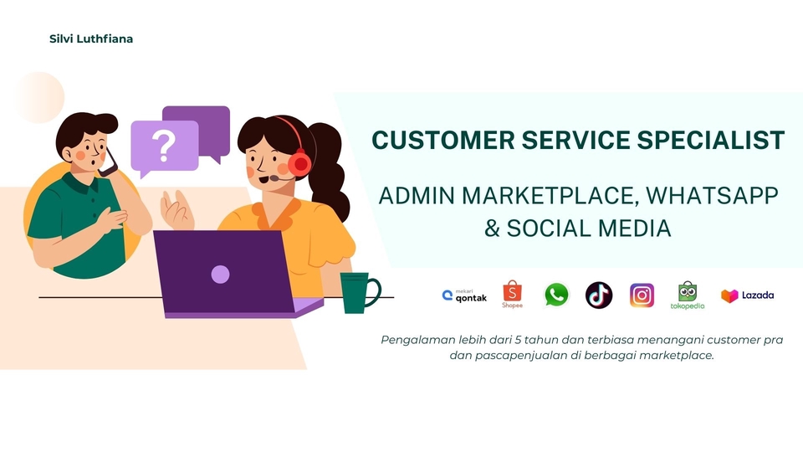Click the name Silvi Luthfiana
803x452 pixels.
(x=91, y=39)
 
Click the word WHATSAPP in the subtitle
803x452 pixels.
(x=712, y=196)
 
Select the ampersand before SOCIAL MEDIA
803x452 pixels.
(x=492, y=228)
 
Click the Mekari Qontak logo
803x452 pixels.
(x=464, y=295)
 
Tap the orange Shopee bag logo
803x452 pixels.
(x=512, y=294)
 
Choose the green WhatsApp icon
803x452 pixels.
(x=556, y=295)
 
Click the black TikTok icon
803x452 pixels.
(x=599, y=295)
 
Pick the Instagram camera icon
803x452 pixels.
(x=642, y=295)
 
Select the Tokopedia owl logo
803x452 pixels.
(x=688, y=295)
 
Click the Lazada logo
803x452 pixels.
(x=747, y=295)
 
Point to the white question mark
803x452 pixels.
(x=164, y=146)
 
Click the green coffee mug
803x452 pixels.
(x=360, y=293)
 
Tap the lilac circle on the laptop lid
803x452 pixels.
(x=220, y=275)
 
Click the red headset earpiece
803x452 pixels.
(x=299, y=164)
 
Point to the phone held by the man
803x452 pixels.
(x=109, y=164)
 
